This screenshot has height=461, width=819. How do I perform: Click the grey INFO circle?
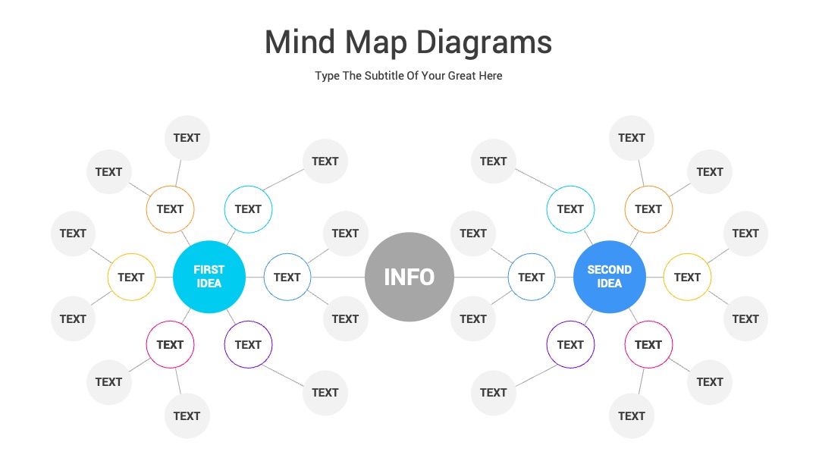point(409,277)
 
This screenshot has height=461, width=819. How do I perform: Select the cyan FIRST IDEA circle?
point(209,277)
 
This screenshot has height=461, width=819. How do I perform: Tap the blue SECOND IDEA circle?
point(610,277)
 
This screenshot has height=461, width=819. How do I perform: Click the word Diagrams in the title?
point(484,42)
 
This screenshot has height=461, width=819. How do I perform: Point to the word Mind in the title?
point(300,42)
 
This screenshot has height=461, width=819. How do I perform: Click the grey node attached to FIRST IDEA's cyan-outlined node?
point(325,162)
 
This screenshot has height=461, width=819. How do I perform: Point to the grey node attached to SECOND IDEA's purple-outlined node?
point(494,393)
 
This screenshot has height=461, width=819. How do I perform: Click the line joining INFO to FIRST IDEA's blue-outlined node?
point(338,278)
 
